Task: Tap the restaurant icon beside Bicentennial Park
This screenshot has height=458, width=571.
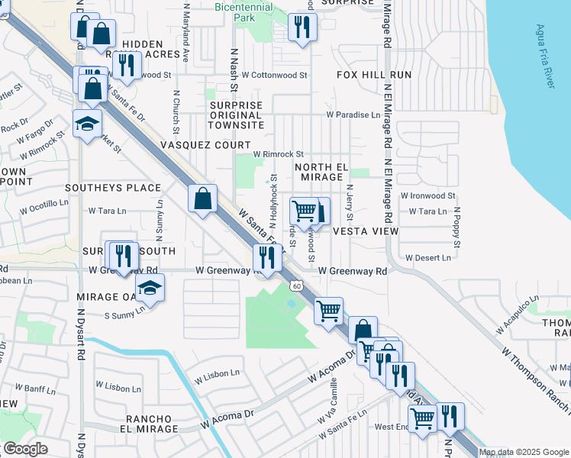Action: click(x=302, y=27)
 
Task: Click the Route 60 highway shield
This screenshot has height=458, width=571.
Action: click(x=295, y=285)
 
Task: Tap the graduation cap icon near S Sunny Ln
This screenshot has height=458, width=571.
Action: click(x=150, y=289)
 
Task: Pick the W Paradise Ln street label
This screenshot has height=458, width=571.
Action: click(x=353, y=114)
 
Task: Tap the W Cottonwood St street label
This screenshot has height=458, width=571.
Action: click(x=274, y=76)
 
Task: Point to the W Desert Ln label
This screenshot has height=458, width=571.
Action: click(x=427, y=258)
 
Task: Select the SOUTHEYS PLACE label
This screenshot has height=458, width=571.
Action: click(x=113, y=187)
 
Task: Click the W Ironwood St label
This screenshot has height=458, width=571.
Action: click(x=432, y=196)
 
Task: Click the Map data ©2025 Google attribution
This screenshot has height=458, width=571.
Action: click(x=524, y=452)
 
